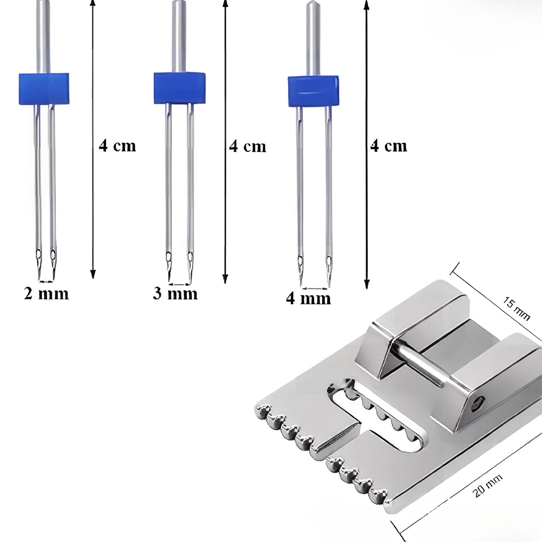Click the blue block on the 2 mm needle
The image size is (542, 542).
[44, 88]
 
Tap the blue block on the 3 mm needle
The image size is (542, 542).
[180, 88]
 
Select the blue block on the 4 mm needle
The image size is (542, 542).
[313, 91]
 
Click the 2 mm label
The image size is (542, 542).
[46, 293]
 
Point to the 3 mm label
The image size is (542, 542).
[175, 293]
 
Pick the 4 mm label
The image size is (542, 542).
[308, 298]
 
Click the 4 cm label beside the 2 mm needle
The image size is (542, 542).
[117, 146]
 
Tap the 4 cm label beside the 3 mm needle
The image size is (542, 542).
[248, 146]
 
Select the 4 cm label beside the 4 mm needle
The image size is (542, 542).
[389, 146]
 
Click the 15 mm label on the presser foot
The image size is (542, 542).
[516, 308]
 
